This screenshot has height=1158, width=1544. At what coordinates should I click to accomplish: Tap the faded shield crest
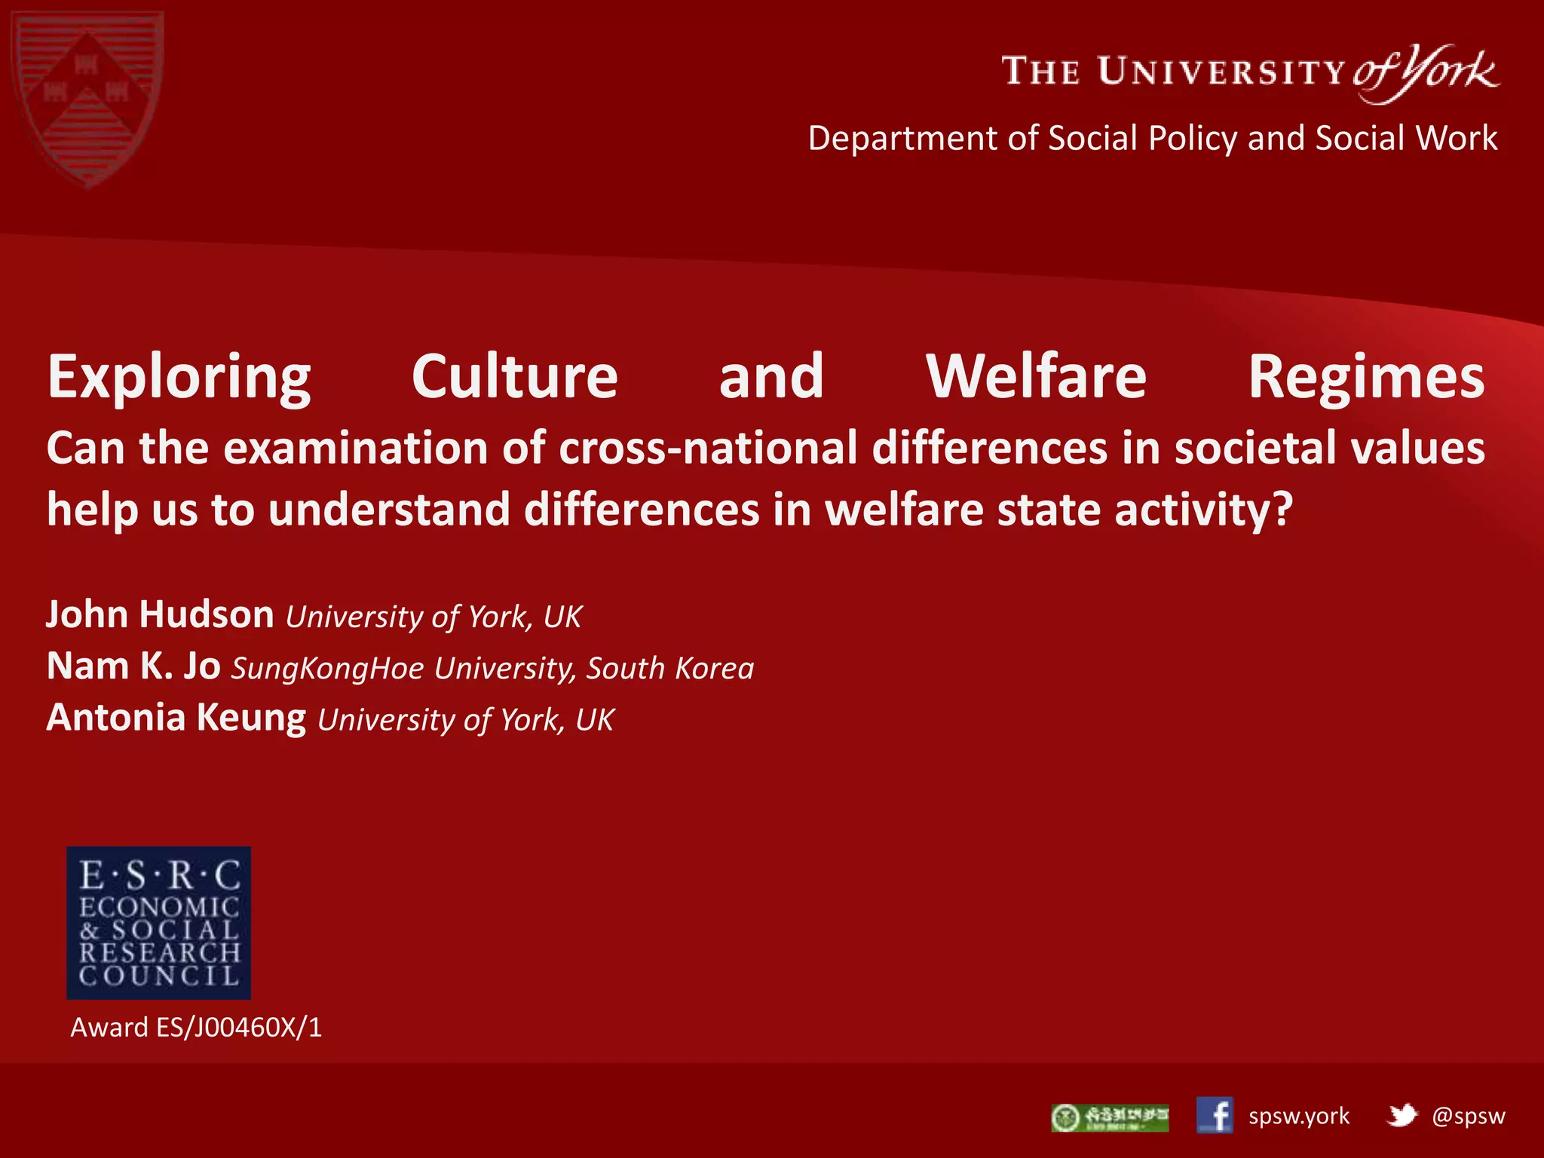pos(88,98)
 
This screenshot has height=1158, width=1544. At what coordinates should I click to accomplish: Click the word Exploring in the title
pos(179,377)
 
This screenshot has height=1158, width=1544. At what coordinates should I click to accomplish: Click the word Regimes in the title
pos(1366,377)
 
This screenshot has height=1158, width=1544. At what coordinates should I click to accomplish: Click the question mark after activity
pos(1282,510)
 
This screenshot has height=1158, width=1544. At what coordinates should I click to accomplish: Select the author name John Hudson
pos(160,614)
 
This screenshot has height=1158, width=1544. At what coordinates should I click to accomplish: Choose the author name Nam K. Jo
pos(133,666)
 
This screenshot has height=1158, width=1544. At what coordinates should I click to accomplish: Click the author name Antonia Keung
pos(176,718)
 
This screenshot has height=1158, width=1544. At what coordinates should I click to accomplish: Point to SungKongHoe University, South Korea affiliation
pos(492,669)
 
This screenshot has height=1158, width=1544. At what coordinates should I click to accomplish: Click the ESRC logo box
pos(159,923)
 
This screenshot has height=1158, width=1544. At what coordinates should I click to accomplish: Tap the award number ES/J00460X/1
pos(239,1028)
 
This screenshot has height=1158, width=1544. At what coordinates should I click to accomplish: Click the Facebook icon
pos(1215,1116)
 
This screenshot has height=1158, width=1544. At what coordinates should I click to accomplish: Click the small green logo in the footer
pos(1110,1117)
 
